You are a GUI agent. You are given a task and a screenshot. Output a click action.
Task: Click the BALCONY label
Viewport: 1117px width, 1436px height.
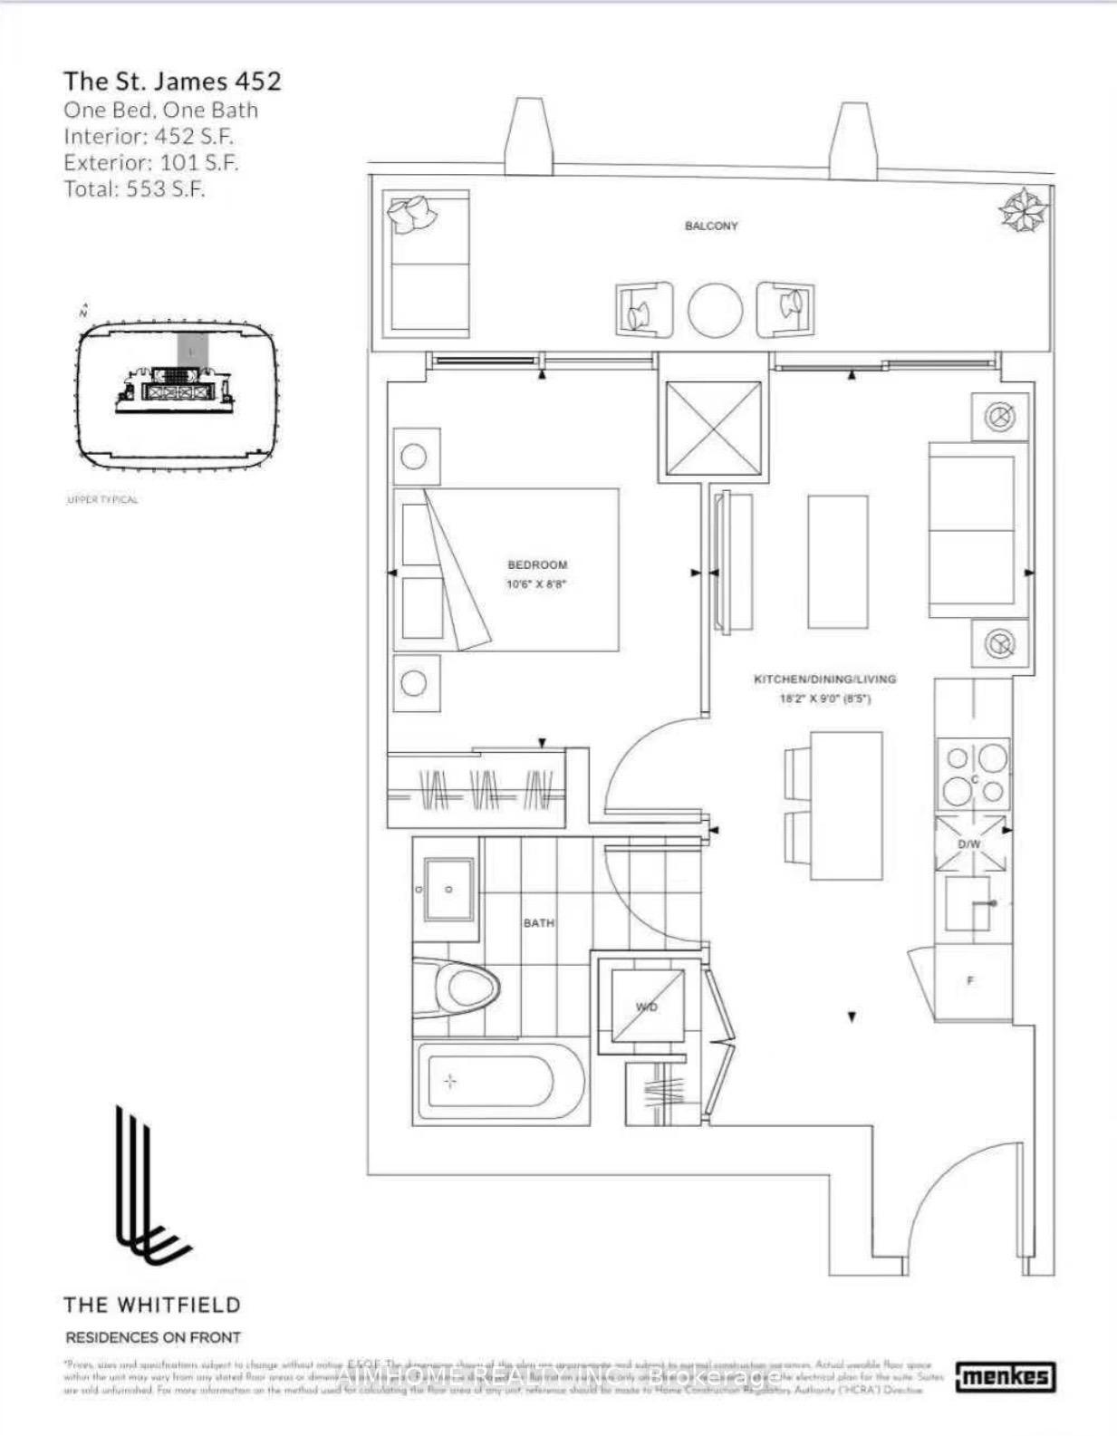point(710,226)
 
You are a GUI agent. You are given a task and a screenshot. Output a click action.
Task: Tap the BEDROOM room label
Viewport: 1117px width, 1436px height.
point(537,564)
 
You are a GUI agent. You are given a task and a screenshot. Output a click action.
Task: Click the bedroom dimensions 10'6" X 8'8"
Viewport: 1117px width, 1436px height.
point(536,584)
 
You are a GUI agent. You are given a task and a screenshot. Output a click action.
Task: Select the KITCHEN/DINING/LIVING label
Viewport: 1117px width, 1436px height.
point(824,679)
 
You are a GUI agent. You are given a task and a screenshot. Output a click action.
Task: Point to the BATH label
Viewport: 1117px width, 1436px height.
point(538,922)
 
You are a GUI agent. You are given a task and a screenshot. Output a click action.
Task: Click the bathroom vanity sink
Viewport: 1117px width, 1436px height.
point(448,891)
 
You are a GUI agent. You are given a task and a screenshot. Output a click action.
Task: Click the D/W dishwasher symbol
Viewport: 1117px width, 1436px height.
point(970,843)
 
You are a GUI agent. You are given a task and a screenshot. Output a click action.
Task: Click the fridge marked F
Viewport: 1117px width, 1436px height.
point(971,981)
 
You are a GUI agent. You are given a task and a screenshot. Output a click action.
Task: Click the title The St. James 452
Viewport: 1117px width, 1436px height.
point(172,81)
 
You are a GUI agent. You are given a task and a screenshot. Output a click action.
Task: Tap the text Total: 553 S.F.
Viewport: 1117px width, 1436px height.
point(134,189)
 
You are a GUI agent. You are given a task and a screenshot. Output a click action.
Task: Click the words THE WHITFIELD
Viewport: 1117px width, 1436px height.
point(152,1305)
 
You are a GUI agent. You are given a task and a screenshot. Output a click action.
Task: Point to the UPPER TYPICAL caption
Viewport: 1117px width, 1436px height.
point(102,500)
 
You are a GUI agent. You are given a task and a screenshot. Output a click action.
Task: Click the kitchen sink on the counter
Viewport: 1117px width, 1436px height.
point(969,903)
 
